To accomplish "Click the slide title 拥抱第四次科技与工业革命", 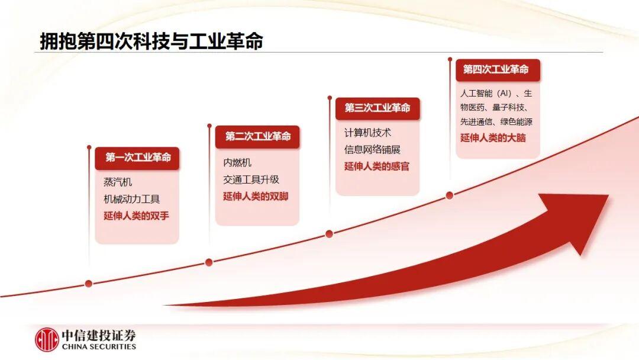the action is tap(151, 41).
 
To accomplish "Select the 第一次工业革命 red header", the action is tap(137, 157).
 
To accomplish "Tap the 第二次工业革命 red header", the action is tap(257, 137).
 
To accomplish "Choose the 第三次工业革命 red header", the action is tap(377, 108).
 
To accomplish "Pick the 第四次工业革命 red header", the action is tap(498, 70).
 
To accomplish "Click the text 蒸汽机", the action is tap(118, 182).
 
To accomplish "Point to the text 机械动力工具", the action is tap(131, 199).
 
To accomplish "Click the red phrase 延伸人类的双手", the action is tap(136, 216).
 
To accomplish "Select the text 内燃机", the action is tap(237, 162).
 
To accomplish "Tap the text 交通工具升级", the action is tap(251, 179).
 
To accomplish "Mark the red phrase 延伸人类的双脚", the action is tap(256, 196).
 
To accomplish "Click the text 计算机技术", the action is tap(367, 133).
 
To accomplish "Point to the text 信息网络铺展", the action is tap(372, 149).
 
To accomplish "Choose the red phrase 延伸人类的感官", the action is tap(376, 166).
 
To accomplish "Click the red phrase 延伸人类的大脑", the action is tap(493, 138).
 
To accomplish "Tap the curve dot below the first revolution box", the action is tap(88, 284).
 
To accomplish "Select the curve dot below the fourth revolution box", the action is tap(450, 195).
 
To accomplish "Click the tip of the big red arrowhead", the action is tap(608, 195).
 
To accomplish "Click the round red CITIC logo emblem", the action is tap(47, 340).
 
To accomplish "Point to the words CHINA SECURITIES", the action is tap(99, 346).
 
